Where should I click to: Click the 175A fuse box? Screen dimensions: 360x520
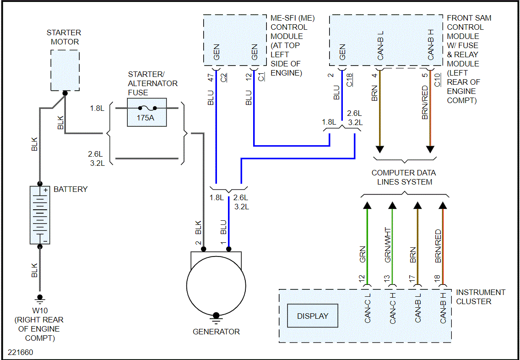tap(146, 112)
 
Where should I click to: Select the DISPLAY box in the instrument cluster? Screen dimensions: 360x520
tap(313, 316)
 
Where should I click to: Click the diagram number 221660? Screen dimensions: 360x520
tap(20, 353)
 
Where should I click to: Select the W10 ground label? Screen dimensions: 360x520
tap(39, 310)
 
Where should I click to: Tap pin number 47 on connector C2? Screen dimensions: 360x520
tap(211, 76)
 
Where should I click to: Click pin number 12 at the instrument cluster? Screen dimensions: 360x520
tap(362, 278)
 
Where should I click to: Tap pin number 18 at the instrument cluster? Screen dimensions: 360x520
tap(437, 278)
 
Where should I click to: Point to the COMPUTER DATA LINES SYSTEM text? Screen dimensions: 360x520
tap(404, 177)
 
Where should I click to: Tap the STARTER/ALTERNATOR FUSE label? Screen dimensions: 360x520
tap(153, 83)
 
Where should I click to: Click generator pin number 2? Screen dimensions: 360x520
tap(199, 243)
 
